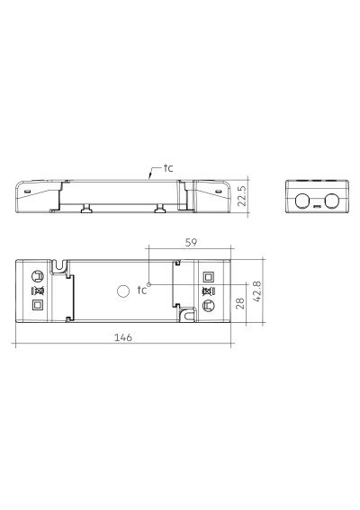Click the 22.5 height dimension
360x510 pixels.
[242, 196]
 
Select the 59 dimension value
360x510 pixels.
[191, 243]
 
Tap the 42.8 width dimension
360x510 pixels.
[256, 291]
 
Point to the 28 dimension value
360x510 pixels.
[240, 304]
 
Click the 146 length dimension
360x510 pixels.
[123, 337]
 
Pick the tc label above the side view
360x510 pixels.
[168, 168]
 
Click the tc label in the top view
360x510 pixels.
[142, 290]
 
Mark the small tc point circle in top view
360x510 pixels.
[149, 284]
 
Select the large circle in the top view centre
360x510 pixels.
[123, 291]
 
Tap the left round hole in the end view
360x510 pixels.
[302, 201]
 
